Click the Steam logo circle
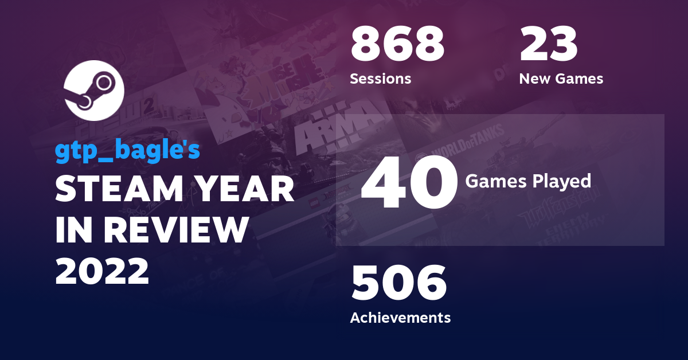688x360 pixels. point(94,90)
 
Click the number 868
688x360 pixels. point(397,46)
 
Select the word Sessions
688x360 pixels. point(380,79)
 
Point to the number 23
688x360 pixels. point(548,46)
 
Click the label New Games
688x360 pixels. point(561,79)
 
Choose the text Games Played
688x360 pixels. point(527,181)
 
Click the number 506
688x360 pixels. point(398,284)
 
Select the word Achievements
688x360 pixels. point(400,317)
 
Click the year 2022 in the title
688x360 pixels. point(102,271)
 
